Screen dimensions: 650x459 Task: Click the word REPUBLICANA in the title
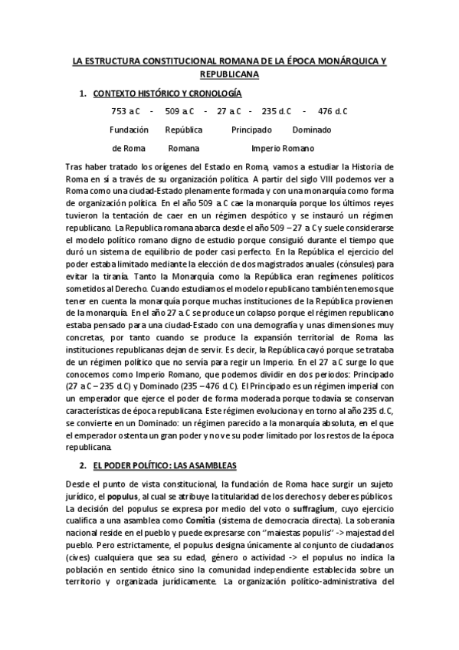pos(229,74)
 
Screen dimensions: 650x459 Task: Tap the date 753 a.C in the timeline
pos(126,111)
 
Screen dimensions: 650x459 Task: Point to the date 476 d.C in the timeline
pos(333,111)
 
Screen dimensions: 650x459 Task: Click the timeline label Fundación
pos(129,130)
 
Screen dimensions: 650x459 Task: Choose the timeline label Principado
pos(251,130)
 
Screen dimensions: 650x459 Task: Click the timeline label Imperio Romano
pos(282,148)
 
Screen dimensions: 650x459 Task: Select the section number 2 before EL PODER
pos(82,466)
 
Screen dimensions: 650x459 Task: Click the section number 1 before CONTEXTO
pos(82,94)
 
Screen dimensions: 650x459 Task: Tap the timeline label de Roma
pos(128,148)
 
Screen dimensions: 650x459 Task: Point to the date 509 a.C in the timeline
pos(178,111)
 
